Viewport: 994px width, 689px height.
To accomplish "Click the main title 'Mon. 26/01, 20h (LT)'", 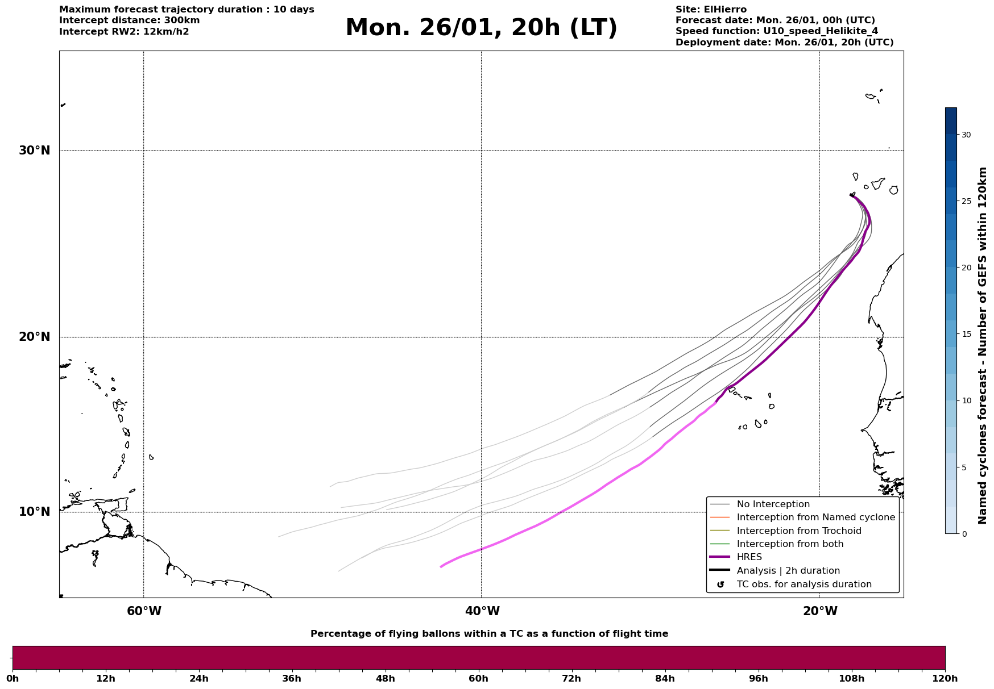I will click(x=481, y=28).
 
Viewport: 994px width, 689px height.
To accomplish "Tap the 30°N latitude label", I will click(x=35, y=151).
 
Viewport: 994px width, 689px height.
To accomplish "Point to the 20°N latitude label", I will click(x=35, y=337).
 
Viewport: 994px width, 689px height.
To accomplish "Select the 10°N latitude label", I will click(x=35, y=512).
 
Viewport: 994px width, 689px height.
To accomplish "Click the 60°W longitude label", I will click(x=144, y=611).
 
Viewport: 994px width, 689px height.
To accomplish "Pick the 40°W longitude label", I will click(x=482, y=611).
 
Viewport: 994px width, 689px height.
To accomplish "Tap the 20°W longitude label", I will click(x=820, y=611).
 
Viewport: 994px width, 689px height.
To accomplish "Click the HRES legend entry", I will click(x=749, y=557).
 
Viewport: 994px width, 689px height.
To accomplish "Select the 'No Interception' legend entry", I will click(x=773, y=504).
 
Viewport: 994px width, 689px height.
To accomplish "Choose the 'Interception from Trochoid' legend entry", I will click(x=798, y=531).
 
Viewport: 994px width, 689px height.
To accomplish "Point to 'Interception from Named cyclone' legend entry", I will click(x=815, y=517).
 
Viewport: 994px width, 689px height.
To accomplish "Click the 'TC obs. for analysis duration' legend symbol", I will click(x=720, y=584).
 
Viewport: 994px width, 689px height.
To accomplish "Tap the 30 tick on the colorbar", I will click(x=966, y=135).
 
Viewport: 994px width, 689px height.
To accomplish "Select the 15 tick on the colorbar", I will click(x=966, y=334).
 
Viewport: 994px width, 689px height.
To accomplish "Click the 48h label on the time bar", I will click(x=386, y=678).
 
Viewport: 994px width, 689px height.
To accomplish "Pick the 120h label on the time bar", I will click(x=945, y=678).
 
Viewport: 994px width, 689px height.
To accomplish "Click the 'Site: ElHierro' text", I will click(x=711, y=10).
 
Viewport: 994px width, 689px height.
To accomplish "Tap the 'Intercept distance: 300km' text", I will click(x=129, y=20).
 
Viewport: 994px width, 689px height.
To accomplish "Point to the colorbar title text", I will click(x=983, y=345).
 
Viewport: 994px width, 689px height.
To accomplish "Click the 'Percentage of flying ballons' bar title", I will click(x=489, y=634).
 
